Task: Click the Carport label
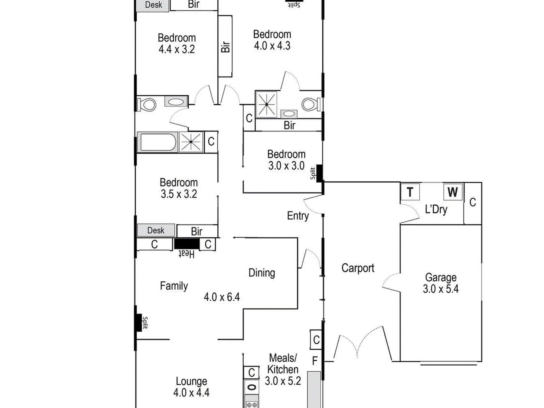click(x=358, y=268)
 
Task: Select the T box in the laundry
click(x=410, y=192)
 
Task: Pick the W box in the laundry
click(x=453, y=192)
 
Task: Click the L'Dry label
click(x=436, y=209)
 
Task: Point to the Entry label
click(x=298, y=216)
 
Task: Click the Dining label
click(x=262, y=273)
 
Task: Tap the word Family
click(x=174, y=286)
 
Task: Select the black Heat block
click(x=187, y=244)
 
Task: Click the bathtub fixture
click(x=157, y=142)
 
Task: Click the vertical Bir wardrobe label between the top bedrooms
click(x=226, y=47)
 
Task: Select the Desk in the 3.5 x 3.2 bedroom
click(x=156, y=230)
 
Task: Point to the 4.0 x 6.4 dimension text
click(x=222, y=297)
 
